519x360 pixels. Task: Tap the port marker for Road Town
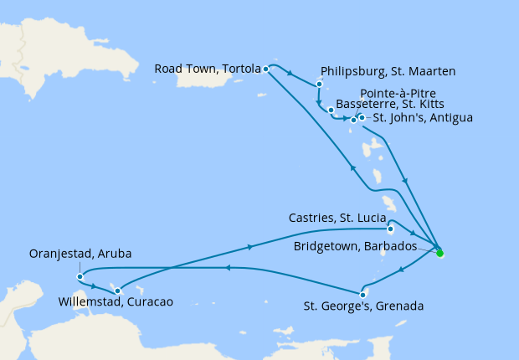[x=265, y=69]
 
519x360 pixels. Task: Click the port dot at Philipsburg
[x=319, y=84]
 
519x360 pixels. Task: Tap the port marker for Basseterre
[x=331, y=111]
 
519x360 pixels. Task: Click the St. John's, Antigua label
[x=423, y=118]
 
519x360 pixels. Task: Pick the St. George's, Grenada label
[x=363, y=306]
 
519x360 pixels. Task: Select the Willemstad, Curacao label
[x=116, y=302]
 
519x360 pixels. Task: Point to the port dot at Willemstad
[x=117, y=291]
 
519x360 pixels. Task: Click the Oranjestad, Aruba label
[x=80, y=253]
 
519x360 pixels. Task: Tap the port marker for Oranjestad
[x=79, y=276]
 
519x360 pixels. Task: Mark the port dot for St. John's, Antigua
[x=362, y=117]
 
